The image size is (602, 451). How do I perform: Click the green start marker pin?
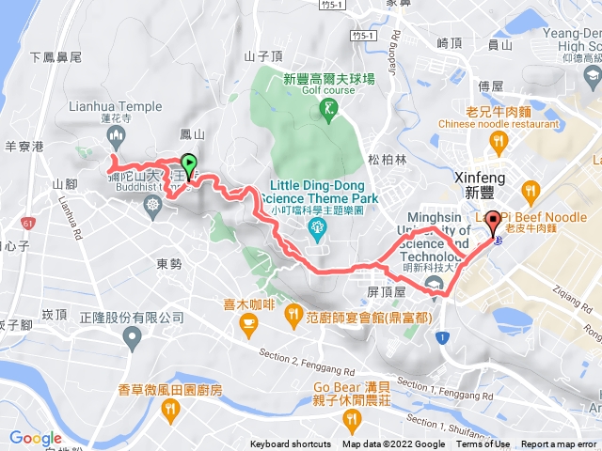[188, 165]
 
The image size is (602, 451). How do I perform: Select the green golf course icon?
[327, 113]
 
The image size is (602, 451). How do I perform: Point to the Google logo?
[35, 438]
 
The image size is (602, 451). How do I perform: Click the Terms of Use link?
[487, 444]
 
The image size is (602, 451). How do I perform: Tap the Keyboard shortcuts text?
[290, 444]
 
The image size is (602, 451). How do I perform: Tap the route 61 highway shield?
[25, 223]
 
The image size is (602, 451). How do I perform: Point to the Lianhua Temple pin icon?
[117, 138]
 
